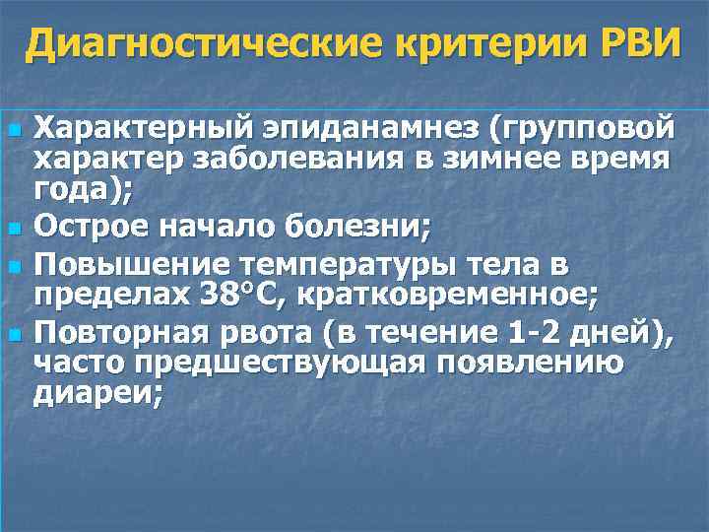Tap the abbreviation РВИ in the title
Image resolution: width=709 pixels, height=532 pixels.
(635, 44)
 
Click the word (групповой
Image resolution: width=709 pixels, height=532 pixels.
(589, 129)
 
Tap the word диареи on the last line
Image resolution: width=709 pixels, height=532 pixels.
(95, 392)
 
